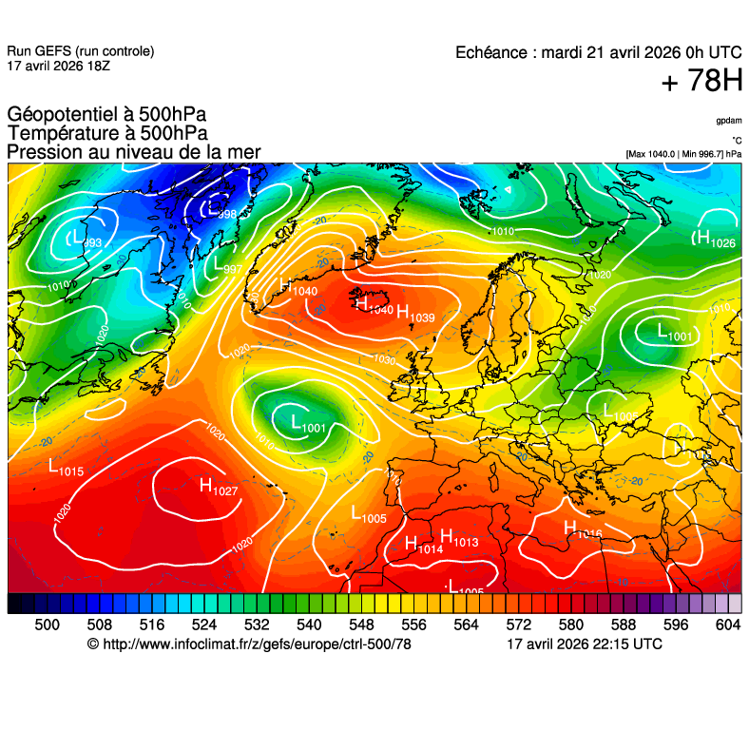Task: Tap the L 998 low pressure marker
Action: (220, 211)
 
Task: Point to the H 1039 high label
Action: (415, 314)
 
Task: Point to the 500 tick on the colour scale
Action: (47, 625)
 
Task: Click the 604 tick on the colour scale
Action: (727, 625)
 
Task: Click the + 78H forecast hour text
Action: (701, 82)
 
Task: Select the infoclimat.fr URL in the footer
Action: (256, 644)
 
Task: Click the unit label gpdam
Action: (729, 121)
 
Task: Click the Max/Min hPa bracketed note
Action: (683, 153)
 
